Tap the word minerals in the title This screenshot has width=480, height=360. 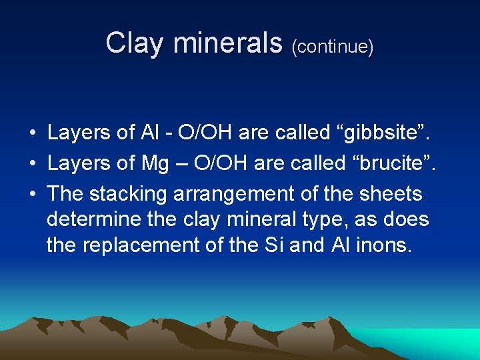pos(227,44)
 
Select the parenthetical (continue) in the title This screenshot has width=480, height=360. pos(332,47)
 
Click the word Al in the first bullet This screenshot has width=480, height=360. pos(149,133)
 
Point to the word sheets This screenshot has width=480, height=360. pos(391,194)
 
